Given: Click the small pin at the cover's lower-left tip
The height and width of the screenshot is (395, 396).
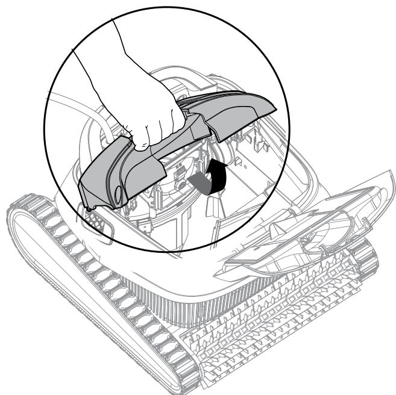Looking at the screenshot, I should point(90,208).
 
